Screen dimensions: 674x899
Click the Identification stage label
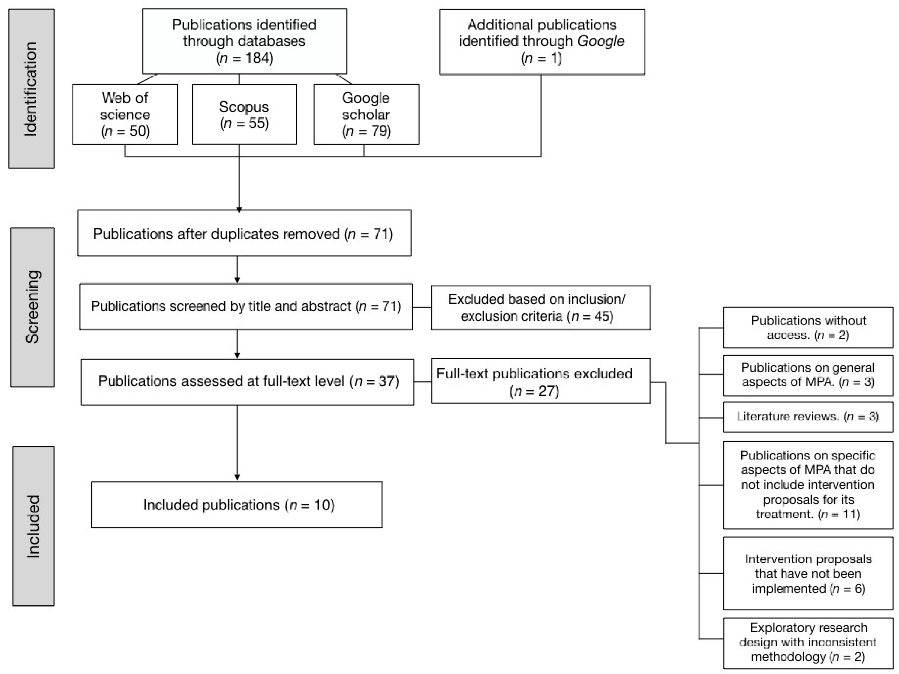point(31,89)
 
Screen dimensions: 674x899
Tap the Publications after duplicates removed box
point(244,233)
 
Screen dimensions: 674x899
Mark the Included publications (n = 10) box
point(237,505)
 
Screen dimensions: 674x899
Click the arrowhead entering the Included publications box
point(237,477)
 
